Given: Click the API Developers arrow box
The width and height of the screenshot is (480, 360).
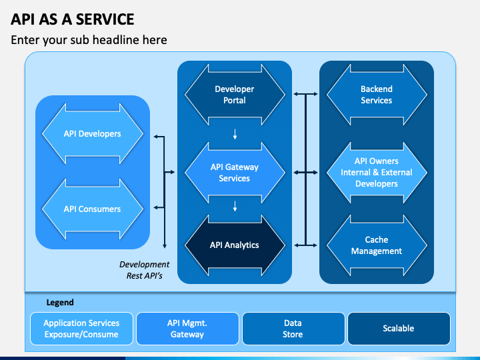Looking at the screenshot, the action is pyautogui.click(x=93, y=134).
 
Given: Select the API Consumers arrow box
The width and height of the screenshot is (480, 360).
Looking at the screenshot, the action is pyautogui.click(x=93, y=209).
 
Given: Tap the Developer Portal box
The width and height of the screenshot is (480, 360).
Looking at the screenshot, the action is pyautogui.click(x=235, y=95).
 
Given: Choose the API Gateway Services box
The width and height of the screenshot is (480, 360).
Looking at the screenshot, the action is pyautogui.click(x=235, y=173).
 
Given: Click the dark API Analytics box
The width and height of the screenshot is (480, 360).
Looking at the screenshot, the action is pyautogui.click(x=235, y=245).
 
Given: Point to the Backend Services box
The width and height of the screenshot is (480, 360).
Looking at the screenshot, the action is pyautogui.click(x=377, y=95).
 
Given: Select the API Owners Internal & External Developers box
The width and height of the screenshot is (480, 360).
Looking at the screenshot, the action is pyautogui.click(x=377, y=173).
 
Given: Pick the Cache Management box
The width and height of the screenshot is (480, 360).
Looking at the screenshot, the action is pyautogui.click(x=377, y=245).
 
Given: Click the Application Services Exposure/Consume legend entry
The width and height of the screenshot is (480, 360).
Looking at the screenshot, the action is pyautogui.click(x=81, y=329).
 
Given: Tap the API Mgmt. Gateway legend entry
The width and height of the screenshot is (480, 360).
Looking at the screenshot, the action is pyautogui.click(x=187, y=329).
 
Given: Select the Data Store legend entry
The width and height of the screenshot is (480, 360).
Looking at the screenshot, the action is pyautogui.click(x=293, y=329).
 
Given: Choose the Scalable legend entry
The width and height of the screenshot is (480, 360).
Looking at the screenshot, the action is pyautogui.click(x=399, y=329).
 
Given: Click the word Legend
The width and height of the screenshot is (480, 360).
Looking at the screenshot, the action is pyautogui.click(x=60, y=303).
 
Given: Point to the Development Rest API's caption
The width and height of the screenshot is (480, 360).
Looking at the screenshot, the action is pyautogui.click(x=144, y=270).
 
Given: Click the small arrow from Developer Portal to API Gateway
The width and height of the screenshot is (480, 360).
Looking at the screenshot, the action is pyautogui.click(x=235, y=134).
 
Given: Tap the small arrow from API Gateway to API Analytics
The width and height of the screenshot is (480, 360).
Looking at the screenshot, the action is pyautogui.click(x=235, y=206).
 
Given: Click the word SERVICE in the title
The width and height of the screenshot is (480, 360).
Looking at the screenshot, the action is pyautogui.click(x=105, y=19).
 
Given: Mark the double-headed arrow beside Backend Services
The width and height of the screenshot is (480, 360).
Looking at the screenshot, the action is pyautogui.click(x=305, y=94).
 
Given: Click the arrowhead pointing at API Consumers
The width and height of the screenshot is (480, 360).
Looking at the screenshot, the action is pyautogui.click(x=156, y=207).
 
